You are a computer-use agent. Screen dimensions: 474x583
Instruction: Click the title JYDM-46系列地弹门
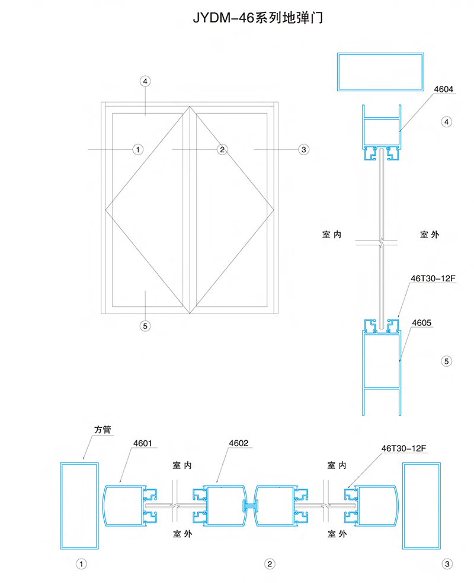[258, 18]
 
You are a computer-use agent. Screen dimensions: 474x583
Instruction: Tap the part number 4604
[444, 89]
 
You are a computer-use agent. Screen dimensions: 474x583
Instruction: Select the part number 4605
[422, 323]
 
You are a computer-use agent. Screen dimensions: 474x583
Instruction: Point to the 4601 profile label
[143, 443]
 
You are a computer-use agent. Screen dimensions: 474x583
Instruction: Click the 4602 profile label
[238, 443]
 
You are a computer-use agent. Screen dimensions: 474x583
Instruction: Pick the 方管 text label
[103, 430]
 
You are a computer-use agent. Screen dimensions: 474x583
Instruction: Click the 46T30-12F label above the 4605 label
[433, 278]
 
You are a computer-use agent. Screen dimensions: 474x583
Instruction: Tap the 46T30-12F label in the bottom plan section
[403, 449]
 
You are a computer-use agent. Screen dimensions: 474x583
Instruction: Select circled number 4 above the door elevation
[145, 81]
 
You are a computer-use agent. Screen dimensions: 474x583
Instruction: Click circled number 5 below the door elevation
[145, 326]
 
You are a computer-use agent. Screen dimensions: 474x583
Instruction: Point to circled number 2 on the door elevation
[222, 149]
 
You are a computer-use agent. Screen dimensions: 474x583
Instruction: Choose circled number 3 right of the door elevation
[304, 149]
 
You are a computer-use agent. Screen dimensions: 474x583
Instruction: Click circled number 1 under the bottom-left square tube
[81, 564]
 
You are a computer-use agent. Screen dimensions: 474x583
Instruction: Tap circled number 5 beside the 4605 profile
[447, 361]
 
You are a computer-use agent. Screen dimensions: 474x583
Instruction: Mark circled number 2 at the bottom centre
[270, 564]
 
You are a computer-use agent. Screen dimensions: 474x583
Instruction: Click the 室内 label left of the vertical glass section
[332, 235]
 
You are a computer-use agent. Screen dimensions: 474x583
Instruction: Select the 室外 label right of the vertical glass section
[430, 235]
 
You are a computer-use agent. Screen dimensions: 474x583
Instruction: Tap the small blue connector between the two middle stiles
[250, 505]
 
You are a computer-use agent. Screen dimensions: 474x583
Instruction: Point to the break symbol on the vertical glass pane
[381, 242]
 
